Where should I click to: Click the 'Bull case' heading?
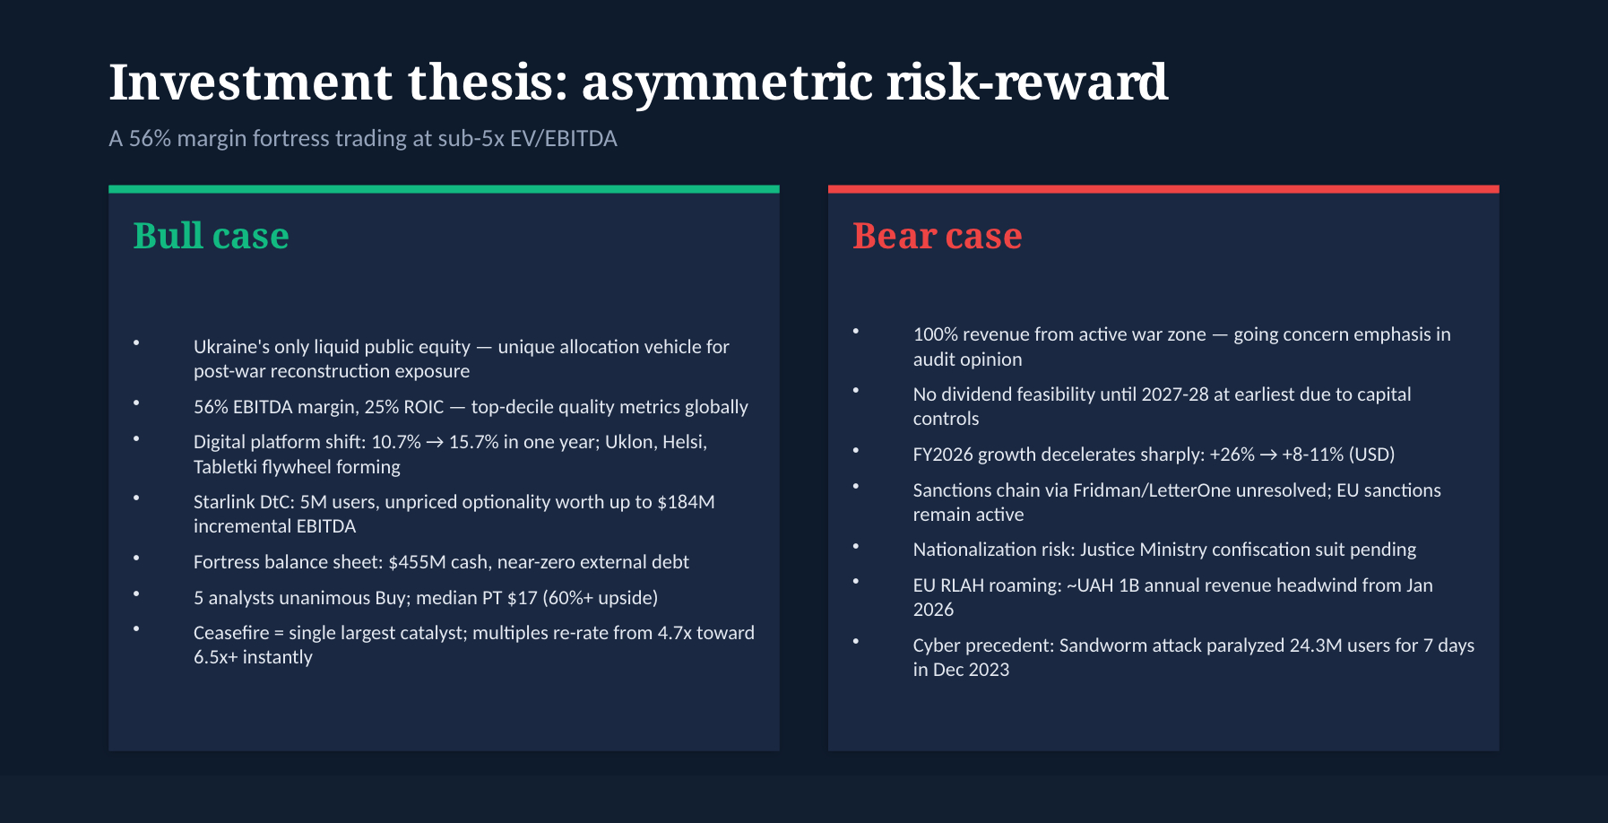pos(211,236)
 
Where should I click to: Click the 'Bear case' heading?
pos(937,236)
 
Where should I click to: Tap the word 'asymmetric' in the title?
pos(727,82)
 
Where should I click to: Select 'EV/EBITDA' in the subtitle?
pos(563,139)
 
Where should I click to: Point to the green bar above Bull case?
pos(444,189)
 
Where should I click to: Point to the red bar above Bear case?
pos(1163,189)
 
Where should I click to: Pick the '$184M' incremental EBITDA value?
pos(686,502)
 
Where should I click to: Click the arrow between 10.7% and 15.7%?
pos(435,443)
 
